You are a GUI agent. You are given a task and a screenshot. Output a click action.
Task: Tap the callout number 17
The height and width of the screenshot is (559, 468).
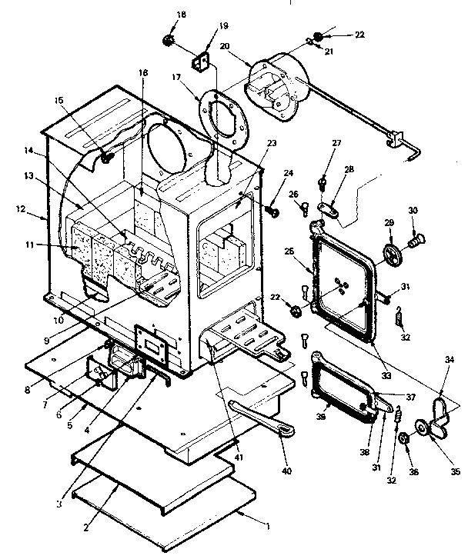click(175, 77)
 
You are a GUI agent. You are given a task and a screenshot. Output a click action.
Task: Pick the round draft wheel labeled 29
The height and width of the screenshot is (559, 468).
click(393, 256)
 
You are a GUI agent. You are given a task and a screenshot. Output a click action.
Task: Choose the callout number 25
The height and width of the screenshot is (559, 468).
click(289, 251)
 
